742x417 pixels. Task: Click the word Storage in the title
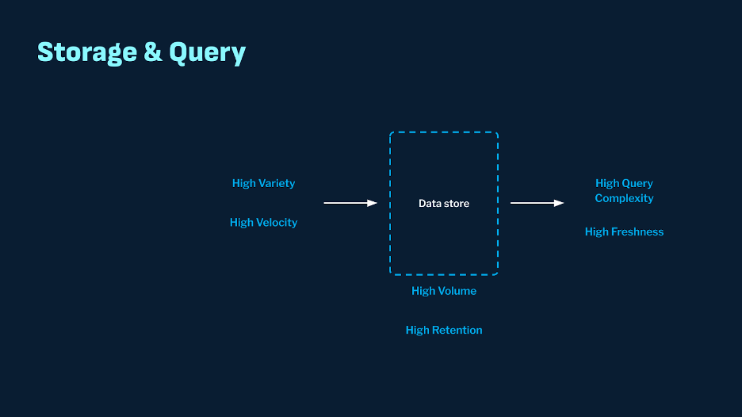tap(87, 52)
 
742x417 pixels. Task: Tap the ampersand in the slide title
tap(153, 52)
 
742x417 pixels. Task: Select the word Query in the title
tap(207, 52)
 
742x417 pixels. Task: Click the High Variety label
tap(263, 184)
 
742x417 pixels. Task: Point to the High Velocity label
tap(263, 223)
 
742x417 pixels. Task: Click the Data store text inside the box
tap(444, 204)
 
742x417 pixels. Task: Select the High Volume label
tap(444, 291)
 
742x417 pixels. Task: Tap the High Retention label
tap(444, 331)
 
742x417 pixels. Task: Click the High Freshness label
tap(624, 232)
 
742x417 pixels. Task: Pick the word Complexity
tap(624, 198)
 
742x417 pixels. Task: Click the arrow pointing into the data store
tap(350, 203)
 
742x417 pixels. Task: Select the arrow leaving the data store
tap(537, 203)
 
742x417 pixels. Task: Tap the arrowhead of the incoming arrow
tap(372, 203)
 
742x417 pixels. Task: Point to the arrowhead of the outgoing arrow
tap(559, 203)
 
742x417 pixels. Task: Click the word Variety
tap(277, 184)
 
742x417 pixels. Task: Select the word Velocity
tap(277, 223)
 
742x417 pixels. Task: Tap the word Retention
tap(457, 331)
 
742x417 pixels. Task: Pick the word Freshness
tap(637, 232)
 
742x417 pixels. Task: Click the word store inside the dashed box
tap(457, 204)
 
